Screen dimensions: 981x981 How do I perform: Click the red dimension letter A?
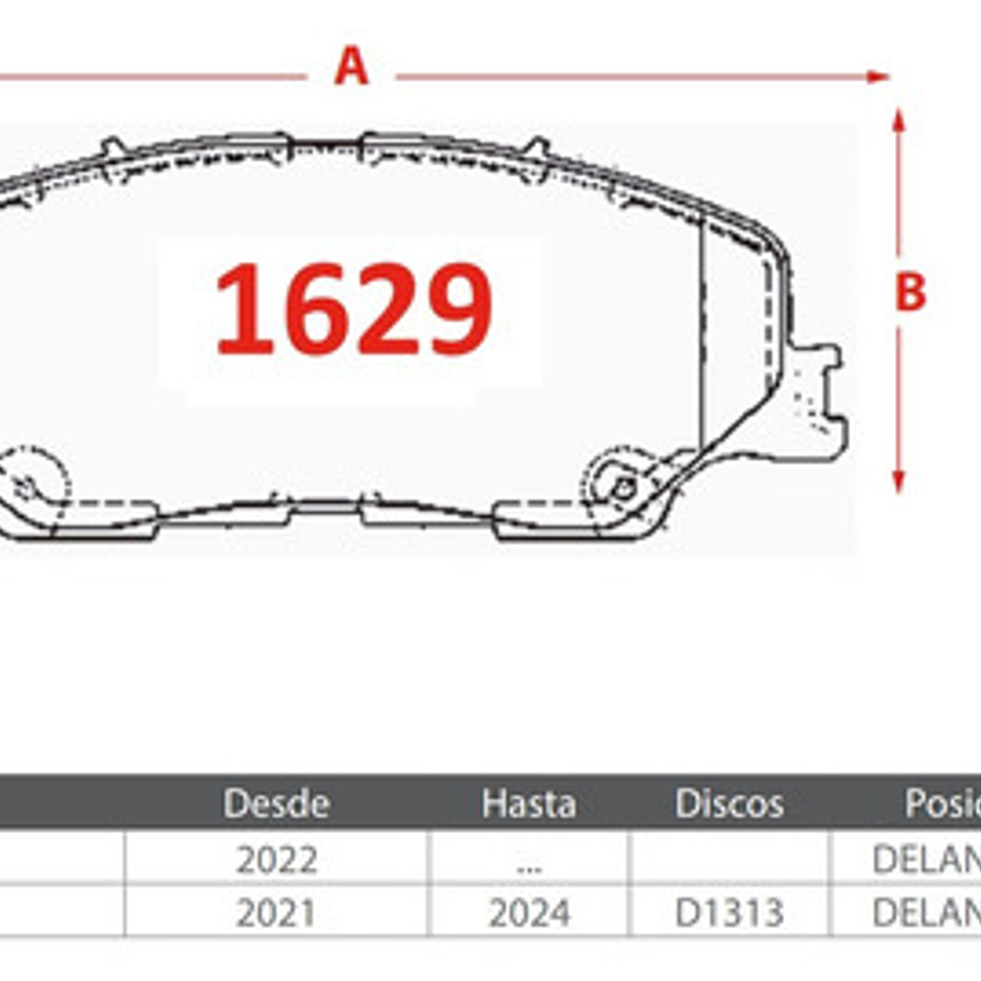coord(351,67)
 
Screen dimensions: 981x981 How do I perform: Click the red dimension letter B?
coord(910,293)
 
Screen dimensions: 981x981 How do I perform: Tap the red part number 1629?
coord(353,310)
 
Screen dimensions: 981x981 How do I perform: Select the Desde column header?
coord(276,804)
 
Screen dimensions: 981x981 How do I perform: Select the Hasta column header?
coord(528,804)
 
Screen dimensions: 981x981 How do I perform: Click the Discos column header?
coord(729,804)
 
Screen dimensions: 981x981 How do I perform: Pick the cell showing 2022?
coord(276,860)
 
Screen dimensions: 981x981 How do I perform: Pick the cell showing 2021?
coord(276,913)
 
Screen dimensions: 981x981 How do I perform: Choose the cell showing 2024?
coord(528,913)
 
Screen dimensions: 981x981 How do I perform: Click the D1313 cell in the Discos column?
coord(729,913)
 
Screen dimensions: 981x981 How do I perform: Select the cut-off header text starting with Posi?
coord(941,804)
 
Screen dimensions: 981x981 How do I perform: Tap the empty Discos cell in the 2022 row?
coord(729,858)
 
